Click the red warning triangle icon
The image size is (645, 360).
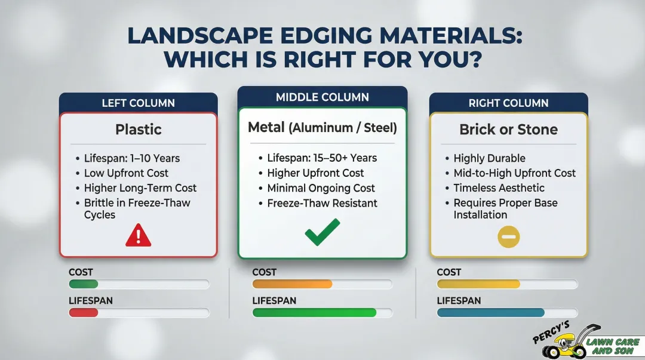click(138, 235)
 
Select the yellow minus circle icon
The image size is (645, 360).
click(509, 237)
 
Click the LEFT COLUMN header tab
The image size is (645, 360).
click(138, 103)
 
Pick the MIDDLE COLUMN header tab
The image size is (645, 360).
click(322, 97)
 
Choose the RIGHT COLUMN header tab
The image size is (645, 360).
click(508, 103)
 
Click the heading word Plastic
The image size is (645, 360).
click(138, 130)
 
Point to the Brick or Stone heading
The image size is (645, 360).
click(508, 130)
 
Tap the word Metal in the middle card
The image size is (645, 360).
click(266, 127)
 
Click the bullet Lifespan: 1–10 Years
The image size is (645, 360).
click(131, 159)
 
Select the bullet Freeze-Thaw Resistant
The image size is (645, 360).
click(322, 203)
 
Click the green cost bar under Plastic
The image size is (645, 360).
click(83, 284)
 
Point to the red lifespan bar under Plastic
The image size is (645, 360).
click(83, 312)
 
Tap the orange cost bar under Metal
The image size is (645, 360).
click(292, 284)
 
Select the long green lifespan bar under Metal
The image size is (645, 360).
click(314, 312)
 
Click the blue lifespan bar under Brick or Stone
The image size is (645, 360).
click(490, 312)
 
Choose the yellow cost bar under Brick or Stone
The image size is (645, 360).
click(478, 284)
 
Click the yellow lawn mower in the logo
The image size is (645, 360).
click(568, 344)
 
